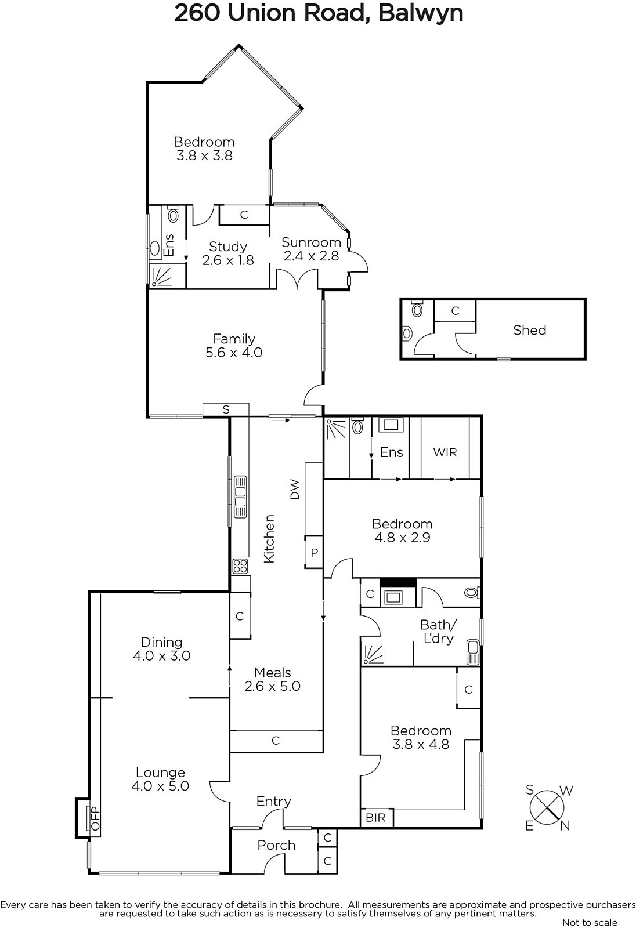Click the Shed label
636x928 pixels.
[x=529, y=330]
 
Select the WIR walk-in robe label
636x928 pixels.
[x=445, y=452]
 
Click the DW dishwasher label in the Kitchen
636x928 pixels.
[x=294, y=489]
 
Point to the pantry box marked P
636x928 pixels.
[x=314, y=552]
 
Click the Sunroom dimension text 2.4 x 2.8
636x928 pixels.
[x=312, y=256]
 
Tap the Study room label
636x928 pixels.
[x=228, y=247]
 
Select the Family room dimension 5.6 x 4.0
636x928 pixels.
[x=234, y=353]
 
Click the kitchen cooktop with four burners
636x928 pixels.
[x=240, y=566]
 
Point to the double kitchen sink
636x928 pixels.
[x=240, y=496]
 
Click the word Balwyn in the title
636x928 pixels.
[x=421, y=13]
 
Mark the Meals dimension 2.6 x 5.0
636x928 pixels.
[x=272, y=686]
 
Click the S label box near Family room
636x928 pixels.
[x=226, y=409]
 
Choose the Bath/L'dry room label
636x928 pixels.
[x=438, y=632]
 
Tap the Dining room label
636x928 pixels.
[x=162, y=642]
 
